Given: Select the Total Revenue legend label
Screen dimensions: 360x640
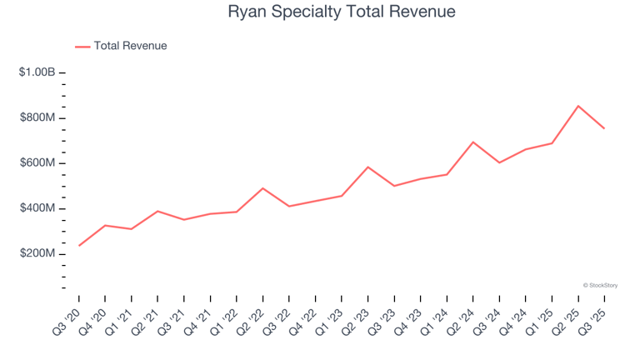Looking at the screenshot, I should click(130, 46).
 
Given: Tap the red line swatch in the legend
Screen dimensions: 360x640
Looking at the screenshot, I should click(82, 47).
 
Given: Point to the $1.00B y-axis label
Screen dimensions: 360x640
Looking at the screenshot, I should click(37, 73).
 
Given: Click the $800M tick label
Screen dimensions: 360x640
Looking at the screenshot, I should click(37, 118).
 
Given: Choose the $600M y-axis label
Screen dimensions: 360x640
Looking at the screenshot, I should click(37, 163).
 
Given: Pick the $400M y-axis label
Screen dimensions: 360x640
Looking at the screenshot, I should click(37, 208).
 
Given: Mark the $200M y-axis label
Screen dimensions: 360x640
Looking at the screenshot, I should click(37, 253).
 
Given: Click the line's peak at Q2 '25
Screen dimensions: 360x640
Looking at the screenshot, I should click(577, 106).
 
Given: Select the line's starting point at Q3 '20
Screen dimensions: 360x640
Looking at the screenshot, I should click(79, 245).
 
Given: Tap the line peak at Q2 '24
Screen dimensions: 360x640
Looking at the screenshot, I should click(472, 142).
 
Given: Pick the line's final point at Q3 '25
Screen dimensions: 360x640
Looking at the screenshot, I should click(604, 128).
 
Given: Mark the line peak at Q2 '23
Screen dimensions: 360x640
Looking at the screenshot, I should click(367, 167).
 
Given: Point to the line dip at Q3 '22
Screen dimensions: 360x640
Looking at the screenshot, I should click(289, 206).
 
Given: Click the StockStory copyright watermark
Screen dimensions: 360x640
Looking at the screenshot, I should click(600, 285).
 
